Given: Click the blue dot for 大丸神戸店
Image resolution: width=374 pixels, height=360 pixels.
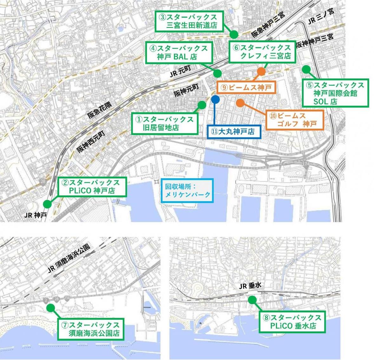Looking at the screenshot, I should [215, 99].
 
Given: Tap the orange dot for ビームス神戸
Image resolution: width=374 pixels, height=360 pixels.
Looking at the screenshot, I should [261, 71].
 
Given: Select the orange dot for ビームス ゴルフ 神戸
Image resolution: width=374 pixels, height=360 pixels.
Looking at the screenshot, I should [240, 103].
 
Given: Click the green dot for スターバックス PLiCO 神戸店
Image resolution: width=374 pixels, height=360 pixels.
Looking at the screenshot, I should [47, 204].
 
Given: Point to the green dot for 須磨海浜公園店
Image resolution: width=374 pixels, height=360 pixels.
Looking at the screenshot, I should [50, 307].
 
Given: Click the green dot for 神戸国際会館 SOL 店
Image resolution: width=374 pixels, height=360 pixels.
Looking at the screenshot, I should [306, 69].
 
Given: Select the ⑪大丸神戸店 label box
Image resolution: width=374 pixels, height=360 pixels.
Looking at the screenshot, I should [234, 131].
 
